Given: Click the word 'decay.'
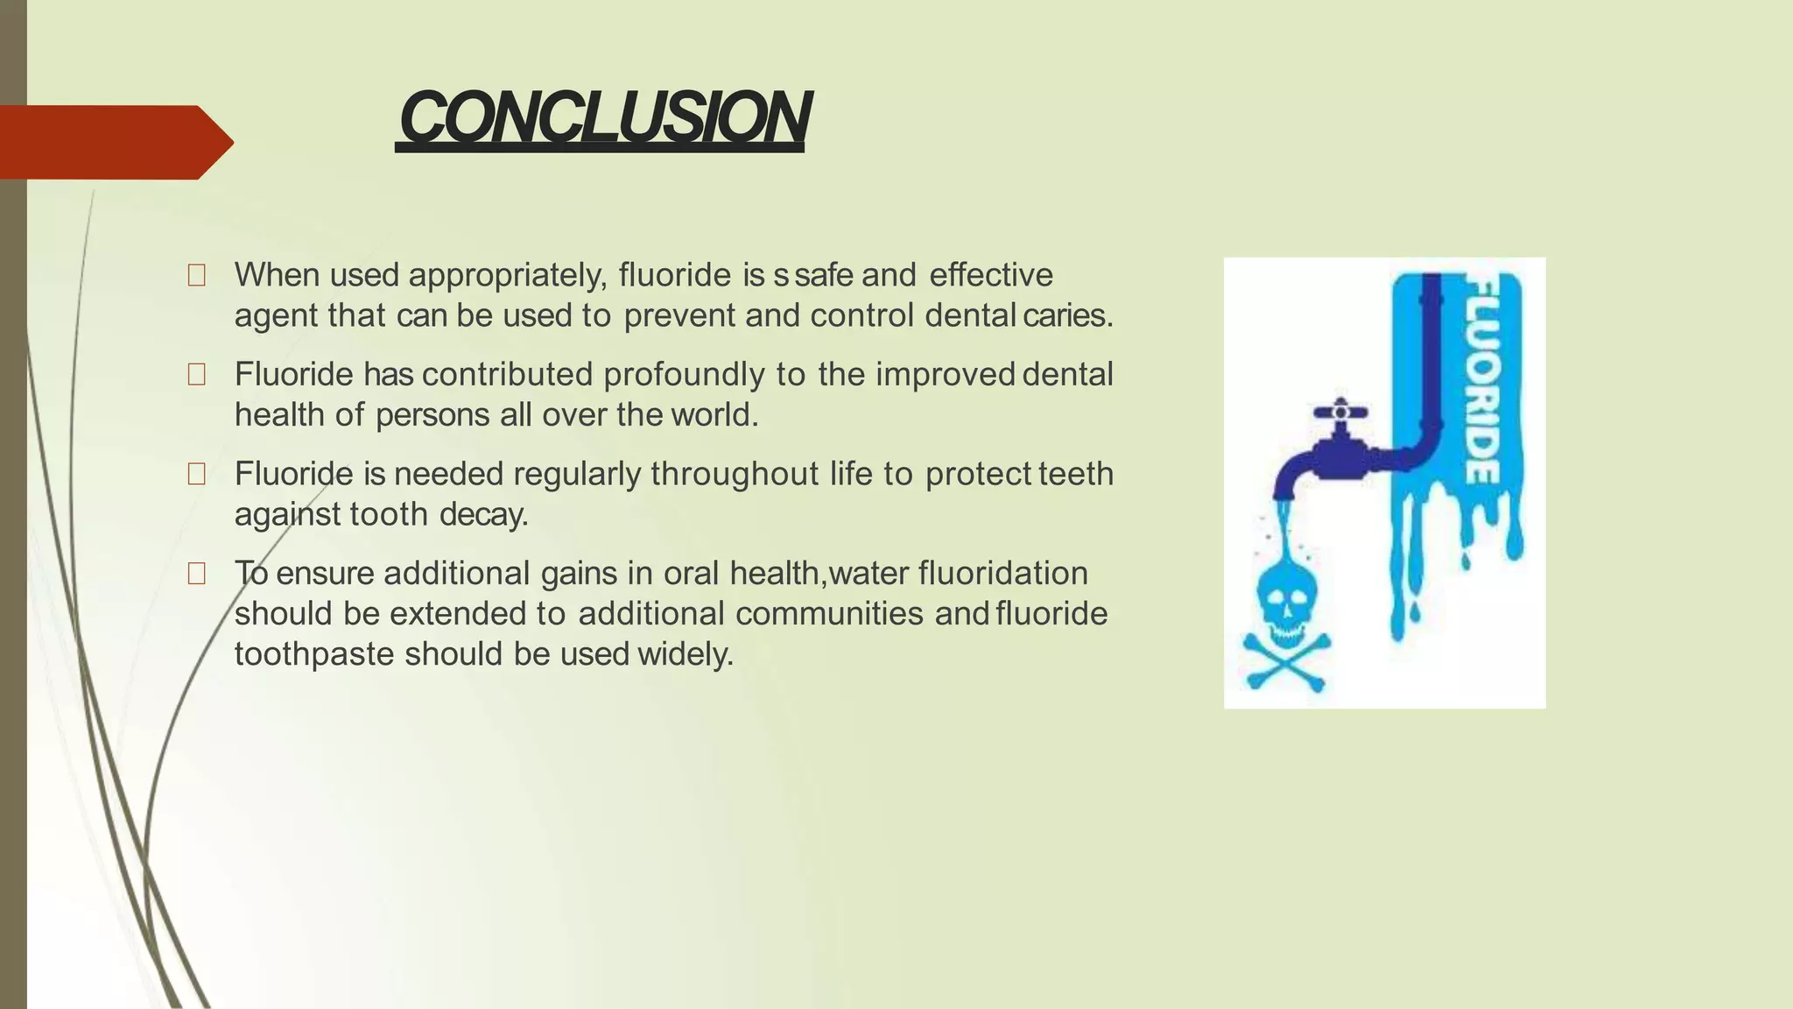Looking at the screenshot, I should click(483, 514).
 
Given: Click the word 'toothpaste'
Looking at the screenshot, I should click(313, 654).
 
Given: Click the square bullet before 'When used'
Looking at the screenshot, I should click(196, 276).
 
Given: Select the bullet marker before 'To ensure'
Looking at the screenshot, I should click(196, 574).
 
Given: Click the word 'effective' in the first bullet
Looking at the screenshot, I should click(990, 275).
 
